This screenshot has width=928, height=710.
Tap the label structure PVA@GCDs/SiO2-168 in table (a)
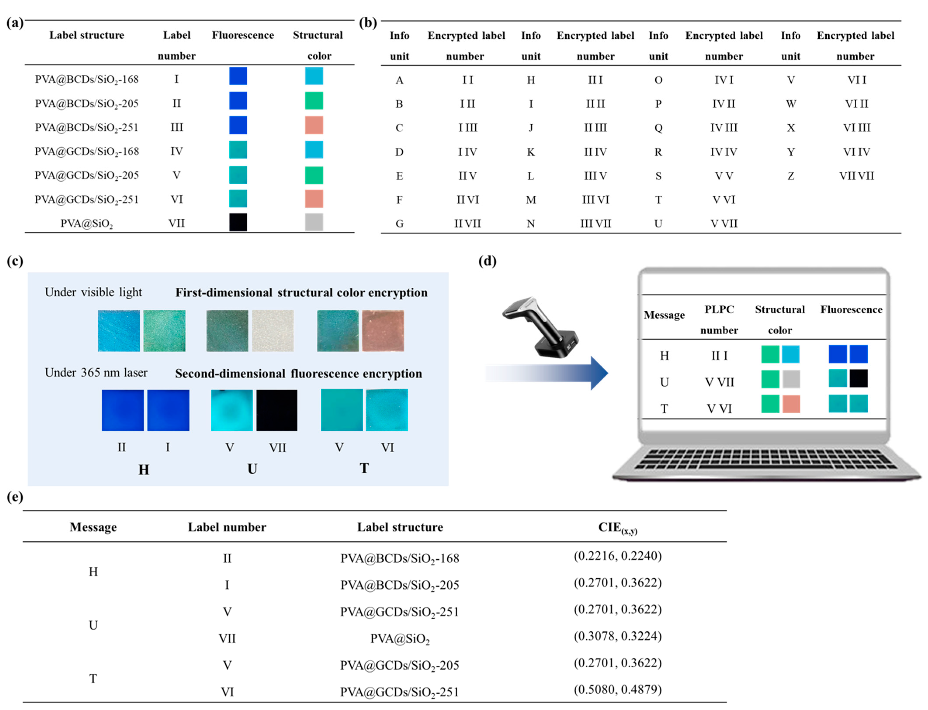[87, 151]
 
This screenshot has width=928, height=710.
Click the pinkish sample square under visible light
[383, 331]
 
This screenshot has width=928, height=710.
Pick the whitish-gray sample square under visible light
[273, 331]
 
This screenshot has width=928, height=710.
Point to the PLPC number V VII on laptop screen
[719, 382]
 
